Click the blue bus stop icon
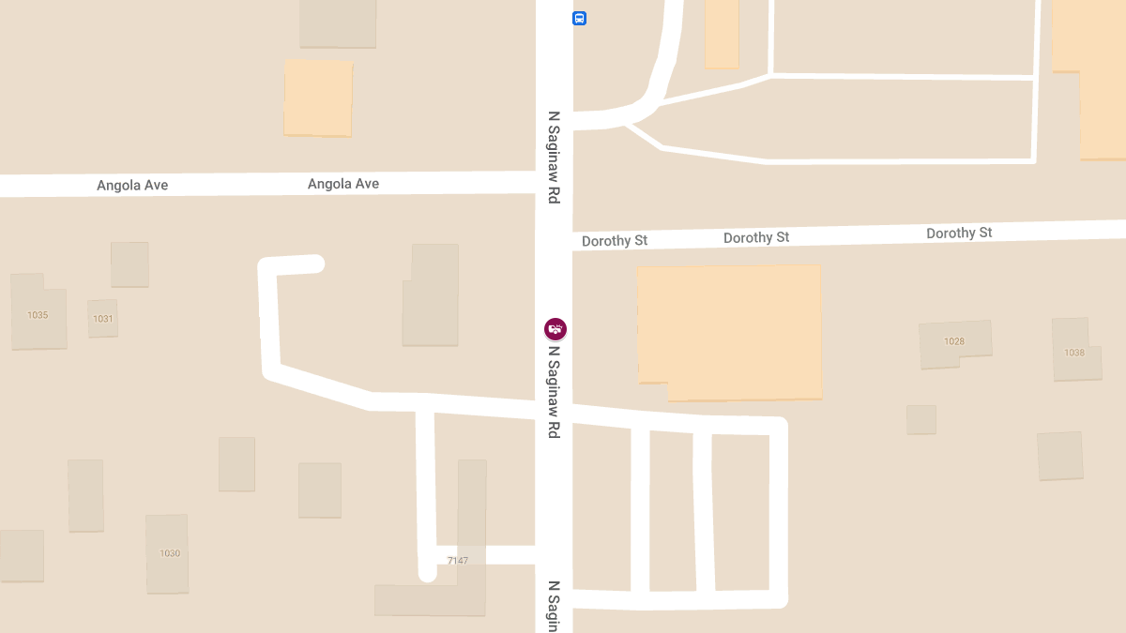click(580, 18)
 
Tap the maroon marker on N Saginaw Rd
click(555, 329)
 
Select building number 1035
click(38, 315)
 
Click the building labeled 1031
click(102, 319)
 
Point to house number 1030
click(169, 553)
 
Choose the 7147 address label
click(458, 561)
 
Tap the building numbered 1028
click(954, 342)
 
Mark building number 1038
click(1074, 353)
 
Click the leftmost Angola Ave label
click(132, 186)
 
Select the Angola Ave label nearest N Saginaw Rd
click(343, 184)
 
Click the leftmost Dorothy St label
click(615, 241)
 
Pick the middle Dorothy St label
click(756, 238)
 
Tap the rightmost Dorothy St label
click(959, 233)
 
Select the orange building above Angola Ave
click(318, 98)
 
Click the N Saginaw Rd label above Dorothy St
click(555, 158)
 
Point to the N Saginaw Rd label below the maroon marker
click(555, 392)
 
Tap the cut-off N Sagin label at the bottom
click(555, 606)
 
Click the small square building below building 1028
click(921, 419)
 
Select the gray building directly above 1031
click(129, 264)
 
